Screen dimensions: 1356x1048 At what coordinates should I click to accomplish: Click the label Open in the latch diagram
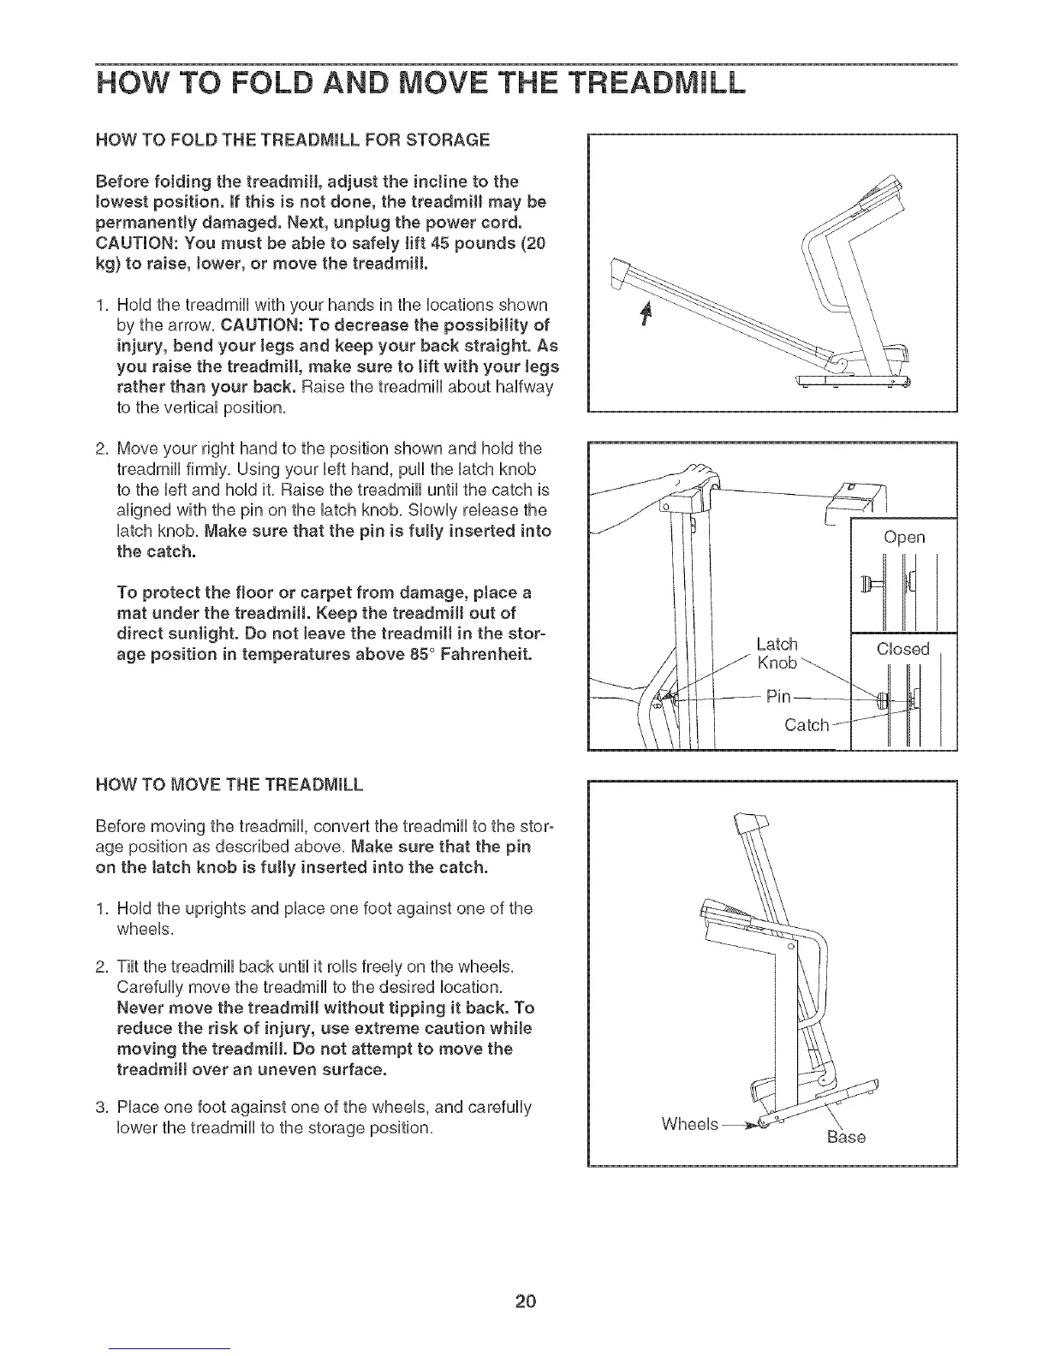pos(904,537)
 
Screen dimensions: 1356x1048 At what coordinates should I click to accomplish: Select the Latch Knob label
pos(777,653)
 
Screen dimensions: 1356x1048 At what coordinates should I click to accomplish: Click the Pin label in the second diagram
pos(778,697)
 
